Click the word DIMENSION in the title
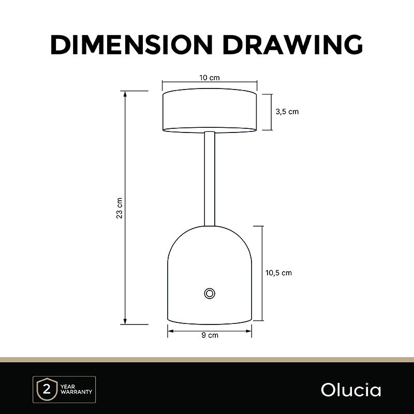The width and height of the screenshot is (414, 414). [131, 45]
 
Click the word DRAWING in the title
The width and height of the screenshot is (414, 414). [293, 45]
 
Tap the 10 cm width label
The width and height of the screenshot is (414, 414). [210, 78]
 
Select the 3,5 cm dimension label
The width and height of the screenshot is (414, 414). [287, 112]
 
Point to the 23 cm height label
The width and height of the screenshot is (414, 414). [120, 208]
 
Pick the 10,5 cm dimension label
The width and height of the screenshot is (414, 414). [278, 273]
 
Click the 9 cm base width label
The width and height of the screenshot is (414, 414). [210, 335]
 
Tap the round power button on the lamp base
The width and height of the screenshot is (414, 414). [210, 293]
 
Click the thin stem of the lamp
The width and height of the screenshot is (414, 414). [210, 179]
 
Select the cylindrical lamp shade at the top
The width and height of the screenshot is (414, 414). [210, 111]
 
